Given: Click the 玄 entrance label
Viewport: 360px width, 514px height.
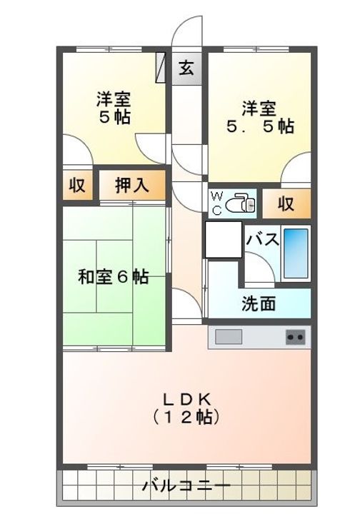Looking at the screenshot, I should (x=186, y=69).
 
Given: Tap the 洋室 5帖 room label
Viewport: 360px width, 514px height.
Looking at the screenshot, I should (x=114, y=108).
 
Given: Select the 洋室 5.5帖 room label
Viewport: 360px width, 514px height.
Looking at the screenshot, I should (x=259, y=117).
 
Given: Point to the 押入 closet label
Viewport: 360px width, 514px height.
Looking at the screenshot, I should (x=132, y=186).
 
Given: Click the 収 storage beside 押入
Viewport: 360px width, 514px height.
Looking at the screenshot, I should (x=77, y=186).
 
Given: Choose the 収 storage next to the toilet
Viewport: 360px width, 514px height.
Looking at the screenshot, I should (x=286, y=204).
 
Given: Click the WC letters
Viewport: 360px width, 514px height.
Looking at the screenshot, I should (x=216, y=203).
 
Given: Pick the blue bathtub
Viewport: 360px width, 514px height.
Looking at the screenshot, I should (x=295, y=253).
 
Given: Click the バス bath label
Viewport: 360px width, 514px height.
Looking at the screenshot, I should (x=263, y=241).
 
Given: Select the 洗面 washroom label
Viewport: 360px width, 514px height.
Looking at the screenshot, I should (x=258, y=303).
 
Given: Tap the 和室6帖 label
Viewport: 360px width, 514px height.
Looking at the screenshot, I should (x=114, y=277).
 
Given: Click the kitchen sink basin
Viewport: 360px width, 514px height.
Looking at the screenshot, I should (x=230, y=337).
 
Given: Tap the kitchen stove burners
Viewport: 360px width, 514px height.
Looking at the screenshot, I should (x=295, y=337).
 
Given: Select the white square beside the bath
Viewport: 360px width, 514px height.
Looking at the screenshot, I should (x=223, y=240).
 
